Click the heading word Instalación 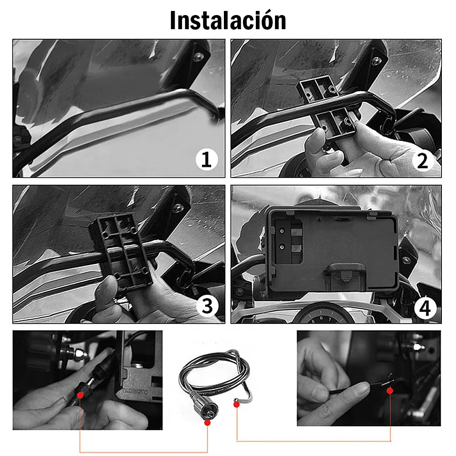point(228,20)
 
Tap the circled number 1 point(207,160)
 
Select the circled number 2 point(423,161)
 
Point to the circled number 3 point(207,306)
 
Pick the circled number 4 point(425,308)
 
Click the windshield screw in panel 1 point(199,57)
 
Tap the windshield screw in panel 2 point(378,61)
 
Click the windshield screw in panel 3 point(178,207)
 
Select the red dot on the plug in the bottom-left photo point(80,395)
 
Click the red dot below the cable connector point(207,423)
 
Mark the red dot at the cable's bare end point(237,404)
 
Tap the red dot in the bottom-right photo point(390,391)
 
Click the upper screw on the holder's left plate point(282,231)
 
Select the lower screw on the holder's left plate point(281,247)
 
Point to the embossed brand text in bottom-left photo point(135,391)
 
